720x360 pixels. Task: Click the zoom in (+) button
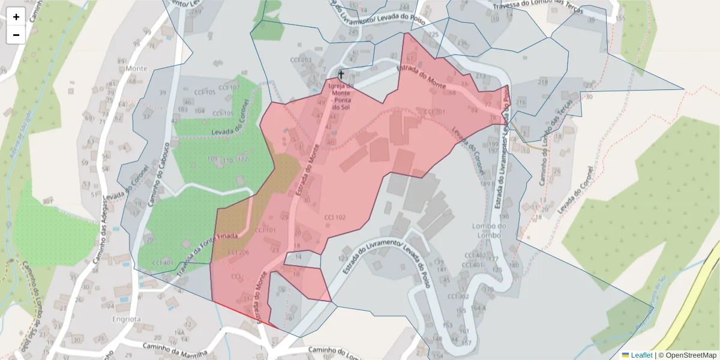point(16,17)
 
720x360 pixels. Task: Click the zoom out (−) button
point(16,35)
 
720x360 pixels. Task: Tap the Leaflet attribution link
point(641,355)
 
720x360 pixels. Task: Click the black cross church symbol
point(341,75)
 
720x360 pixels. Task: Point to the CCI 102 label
point(335,217)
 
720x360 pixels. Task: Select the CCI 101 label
point(265,230)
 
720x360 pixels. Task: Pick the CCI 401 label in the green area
point(163,263)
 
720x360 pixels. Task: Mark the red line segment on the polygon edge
point(244,314)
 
